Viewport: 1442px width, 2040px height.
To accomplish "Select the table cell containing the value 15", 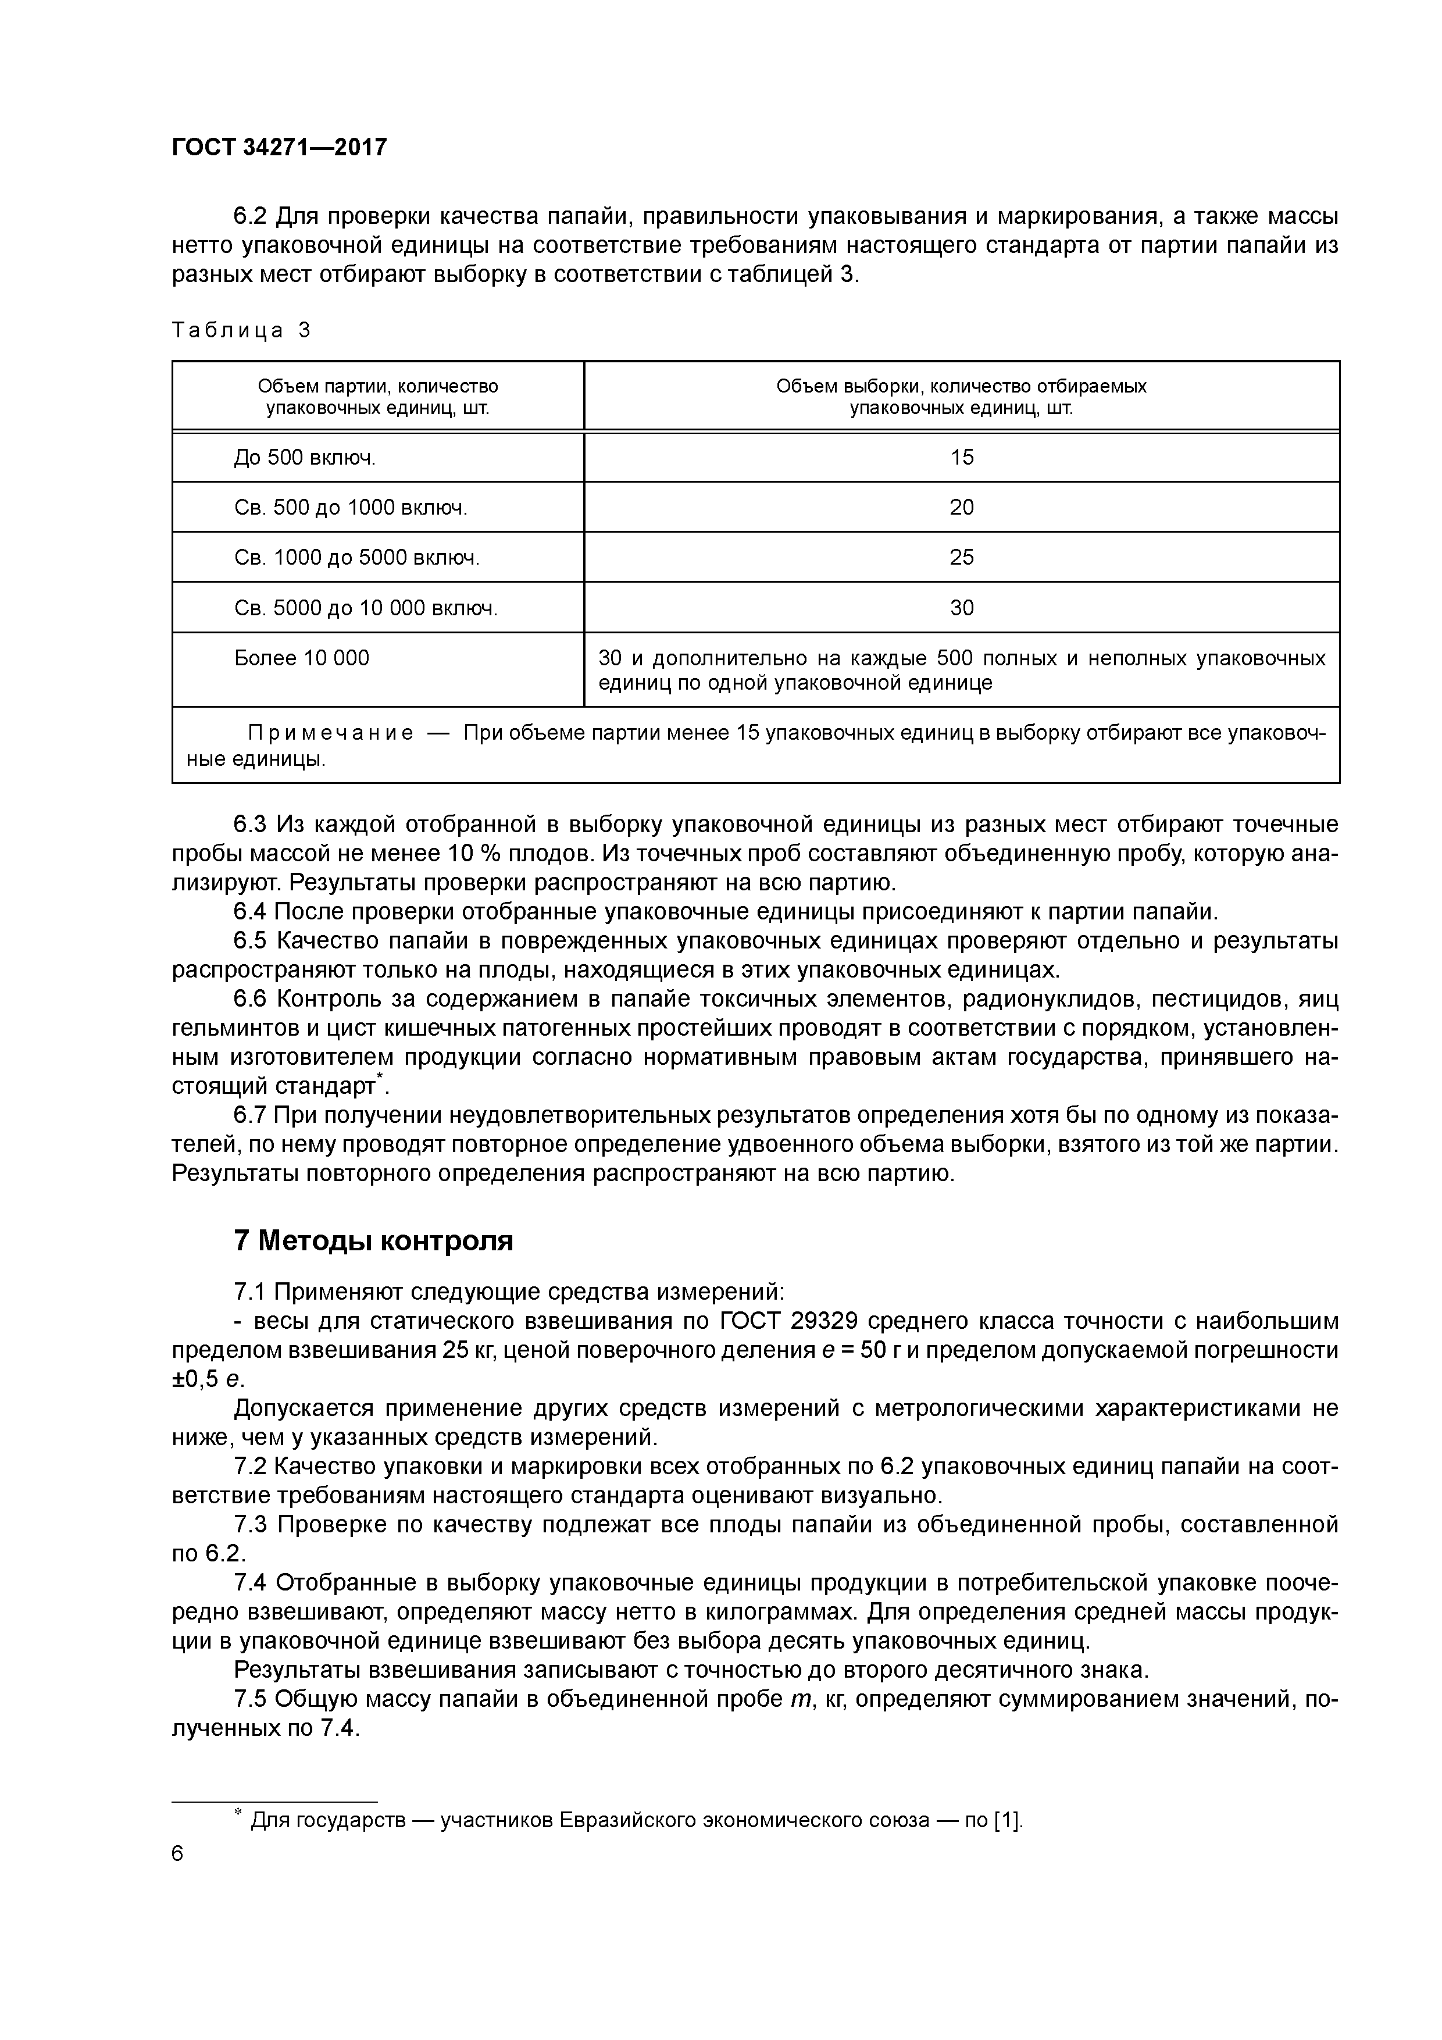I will pos(961,458).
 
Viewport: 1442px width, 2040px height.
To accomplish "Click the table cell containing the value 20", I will pos(961,507).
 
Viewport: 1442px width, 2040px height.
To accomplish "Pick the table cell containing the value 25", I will pos(961,557).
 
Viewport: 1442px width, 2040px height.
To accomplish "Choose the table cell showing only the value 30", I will pos(961,608).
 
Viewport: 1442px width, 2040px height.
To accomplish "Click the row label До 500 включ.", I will pos(305,458).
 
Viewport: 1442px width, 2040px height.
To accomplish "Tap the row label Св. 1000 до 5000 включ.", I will pos(356,557).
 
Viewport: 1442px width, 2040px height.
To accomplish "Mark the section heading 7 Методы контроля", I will pos(373,1240).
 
